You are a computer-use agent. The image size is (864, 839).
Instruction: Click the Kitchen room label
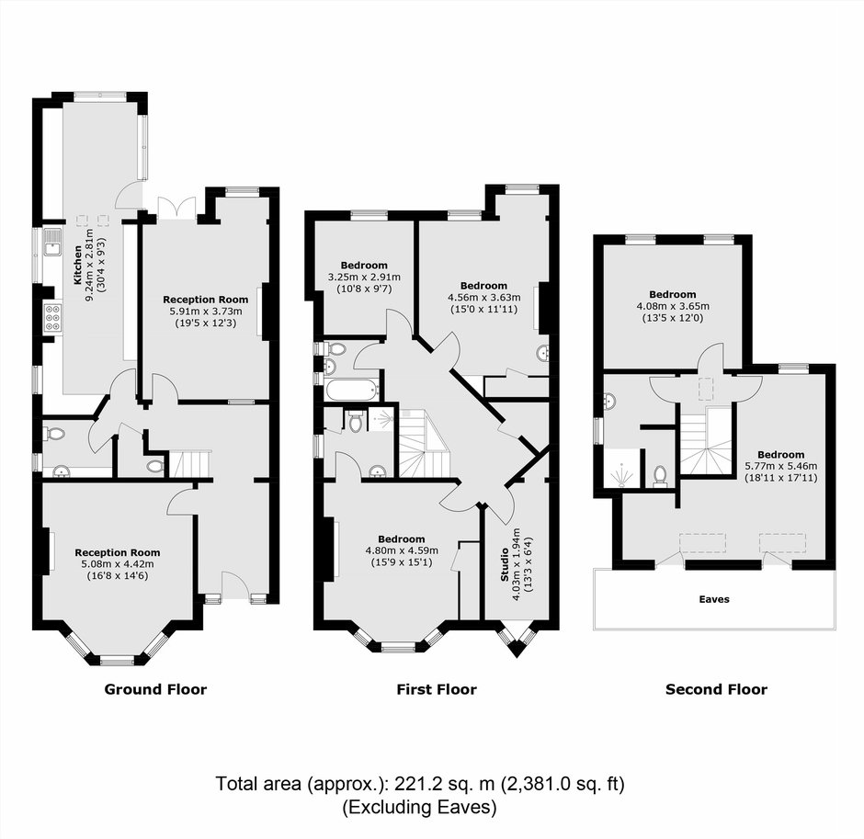tap(78, 265)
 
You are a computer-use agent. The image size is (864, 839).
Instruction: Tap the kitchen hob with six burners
tap(53, 318)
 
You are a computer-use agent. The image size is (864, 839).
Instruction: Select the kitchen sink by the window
tap(53, 243)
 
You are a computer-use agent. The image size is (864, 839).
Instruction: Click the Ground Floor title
tap(155, 689)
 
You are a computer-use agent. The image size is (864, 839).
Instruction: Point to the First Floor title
tap(437, 689)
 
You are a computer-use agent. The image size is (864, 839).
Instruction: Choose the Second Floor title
tap(716, 689)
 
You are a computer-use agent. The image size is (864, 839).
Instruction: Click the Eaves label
tap(714, 599)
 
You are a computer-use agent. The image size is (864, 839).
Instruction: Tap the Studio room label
tap(505, 564)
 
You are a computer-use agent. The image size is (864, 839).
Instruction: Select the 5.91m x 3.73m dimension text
tap(206, 312)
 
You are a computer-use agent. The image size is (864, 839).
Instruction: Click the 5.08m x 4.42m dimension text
tap(118, 564)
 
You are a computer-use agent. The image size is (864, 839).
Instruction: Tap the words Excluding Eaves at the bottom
tap(419, 808)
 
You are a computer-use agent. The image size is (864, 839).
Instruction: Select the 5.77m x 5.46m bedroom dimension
tap(780, 466)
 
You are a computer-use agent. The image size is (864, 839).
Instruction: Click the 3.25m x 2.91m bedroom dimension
tap(364, 278)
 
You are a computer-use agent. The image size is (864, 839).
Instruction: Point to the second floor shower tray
tap(622, 469)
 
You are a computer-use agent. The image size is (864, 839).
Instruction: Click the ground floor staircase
tap(190, 464)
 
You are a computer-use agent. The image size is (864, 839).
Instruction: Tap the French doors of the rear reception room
tap(176, 210)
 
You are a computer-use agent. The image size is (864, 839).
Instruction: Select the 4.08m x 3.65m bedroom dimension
tap(673, 306)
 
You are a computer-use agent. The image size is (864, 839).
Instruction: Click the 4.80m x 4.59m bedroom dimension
tap(402, 550)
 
